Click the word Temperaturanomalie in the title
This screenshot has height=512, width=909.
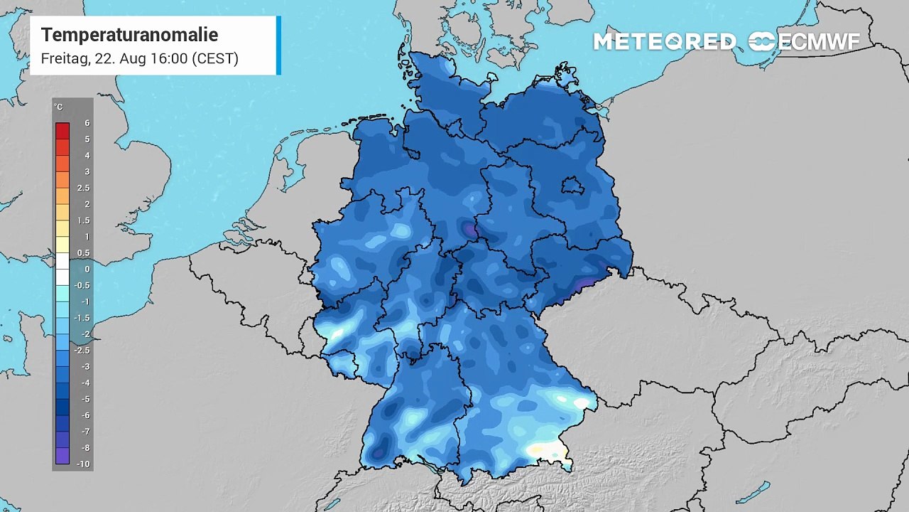pos(129,35)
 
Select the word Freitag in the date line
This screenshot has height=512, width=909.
pos(65,58)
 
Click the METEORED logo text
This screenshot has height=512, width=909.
pos(664,42)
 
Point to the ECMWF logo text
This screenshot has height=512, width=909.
pos(818,42)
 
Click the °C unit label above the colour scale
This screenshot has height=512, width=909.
pos(58,107)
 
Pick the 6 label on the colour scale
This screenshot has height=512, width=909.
pos(87,123)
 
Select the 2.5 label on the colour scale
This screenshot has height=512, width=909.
pos(83,188)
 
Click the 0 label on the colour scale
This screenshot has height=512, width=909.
pos(87,269)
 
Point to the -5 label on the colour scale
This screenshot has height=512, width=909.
pos(85,399)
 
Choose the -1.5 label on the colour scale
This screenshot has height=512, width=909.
pos(83,318)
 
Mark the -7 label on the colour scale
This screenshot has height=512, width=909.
pos(85,432)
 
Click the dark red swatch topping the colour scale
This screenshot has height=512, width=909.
pos(62,131)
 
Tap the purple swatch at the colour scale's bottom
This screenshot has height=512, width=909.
pos(62,456)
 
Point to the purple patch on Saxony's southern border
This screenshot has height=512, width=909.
pos(584,284)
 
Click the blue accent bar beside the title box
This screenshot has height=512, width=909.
pos(278,46)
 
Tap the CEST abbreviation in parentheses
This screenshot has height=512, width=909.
pos(214,58)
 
